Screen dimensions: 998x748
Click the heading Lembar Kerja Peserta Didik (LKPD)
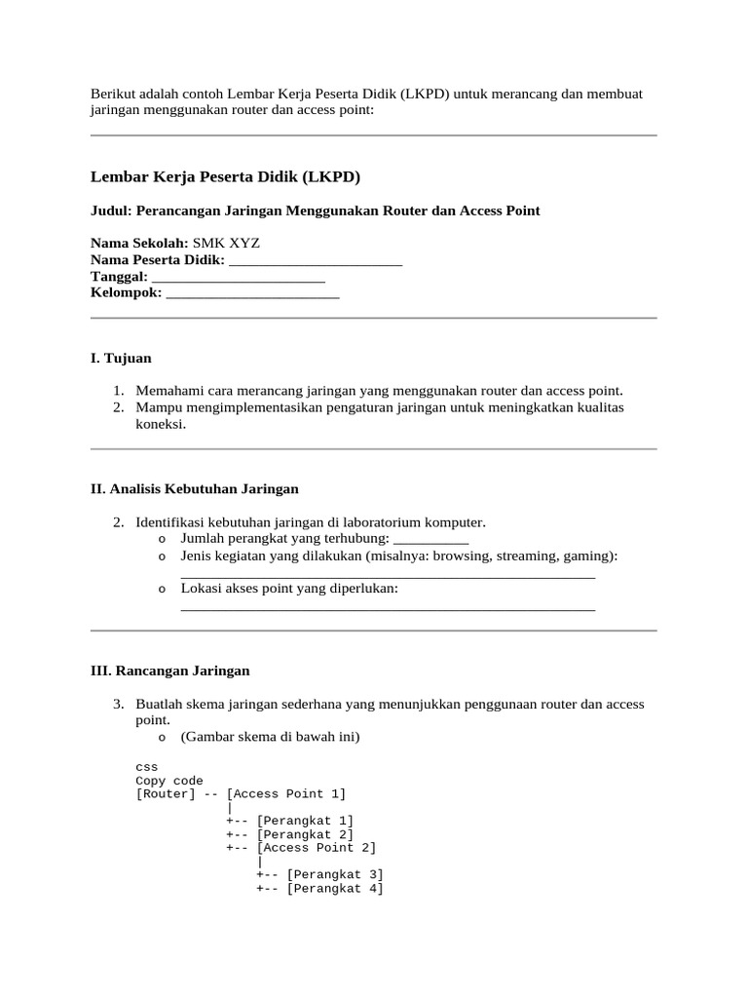(x=225, y=176)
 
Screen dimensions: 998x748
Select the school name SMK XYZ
(x=226, y=243)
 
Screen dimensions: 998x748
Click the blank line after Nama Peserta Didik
(x=315, y=260)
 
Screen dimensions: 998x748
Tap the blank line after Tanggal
(x=238, y=277)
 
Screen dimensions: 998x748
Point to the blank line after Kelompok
(x=252, y=292)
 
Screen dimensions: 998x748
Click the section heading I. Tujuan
(x=121, y=359)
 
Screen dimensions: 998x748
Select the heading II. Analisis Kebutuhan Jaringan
(x=195, y=488)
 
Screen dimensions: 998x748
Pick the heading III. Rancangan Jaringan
(x=170, y=671)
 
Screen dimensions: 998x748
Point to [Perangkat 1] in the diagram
(x=305, y=821)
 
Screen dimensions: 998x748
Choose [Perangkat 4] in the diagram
(x=335, y=889)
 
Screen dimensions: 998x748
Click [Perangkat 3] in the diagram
(x=335, y=874)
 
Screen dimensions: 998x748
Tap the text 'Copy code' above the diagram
(x=169, y=781)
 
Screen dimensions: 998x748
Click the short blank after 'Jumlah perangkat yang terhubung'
(x=430, y=538)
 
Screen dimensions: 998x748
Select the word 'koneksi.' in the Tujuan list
(x=161, y=424)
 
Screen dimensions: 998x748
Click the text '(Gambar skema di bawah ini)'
(x=271, y=737)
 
